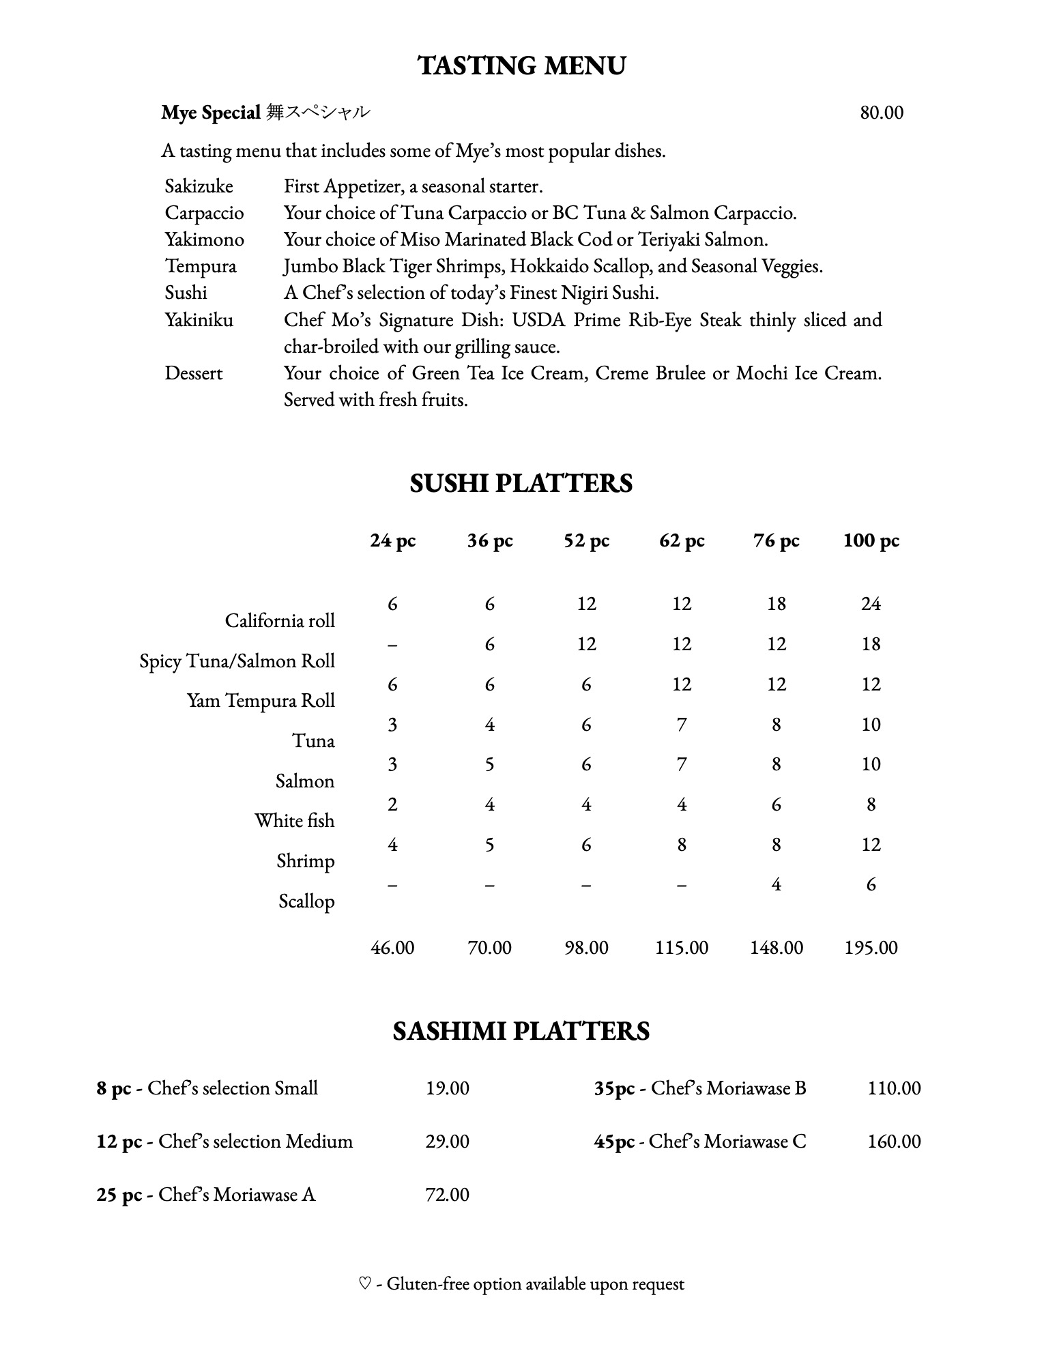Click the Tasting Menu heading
521,66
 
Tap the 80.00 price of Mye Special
882,113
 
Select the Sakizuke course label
199,186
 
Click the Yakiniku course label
199,320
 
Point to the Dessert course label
194,373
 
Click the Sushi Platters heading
521,483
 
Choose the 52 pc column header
586,540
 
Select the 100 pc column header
871,540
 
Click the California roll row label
280,621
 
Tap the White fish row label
295,821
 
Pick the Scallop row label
306,901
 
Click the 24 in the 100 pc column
871,604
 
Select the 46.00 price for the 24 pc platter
392,948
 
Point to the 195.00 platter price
871,948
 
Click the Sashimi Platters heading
521,1031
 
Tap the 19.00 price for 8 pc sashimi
448,1088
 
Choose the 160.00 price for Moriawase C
894,1142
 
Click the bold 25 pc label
119,1195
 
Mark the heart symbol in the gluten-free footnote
364,1284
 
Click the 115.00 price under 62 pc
682,948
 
